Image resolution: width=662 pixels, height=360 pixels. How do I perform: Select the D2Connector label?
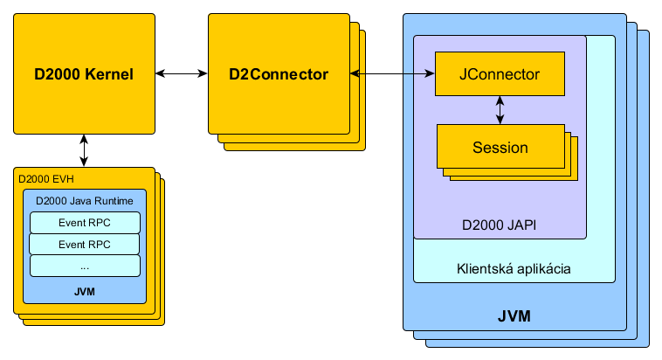[x=279, y=74]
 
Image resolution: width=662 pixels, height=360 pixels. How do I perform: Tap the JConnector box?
[x=500, y=74]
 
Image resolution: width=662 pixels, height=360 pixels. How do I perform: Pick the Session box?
[x=500, y=147]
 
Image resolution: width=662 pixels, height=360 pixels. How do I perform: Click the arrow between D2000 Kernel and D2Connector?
[x=182, y=75]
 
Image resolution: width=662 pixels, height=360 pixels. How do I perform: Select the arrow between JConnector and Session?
[x=500, y=110]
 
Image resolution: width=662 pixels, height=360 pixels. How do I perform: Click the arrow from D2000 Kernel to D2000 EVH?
[x=84, y=149]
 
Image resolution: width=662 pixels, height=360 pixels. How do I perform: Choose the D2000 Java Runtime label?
[x=85, y=200]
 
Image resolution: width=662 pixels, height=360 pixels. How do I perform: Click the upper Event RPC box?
[x=85, y=222]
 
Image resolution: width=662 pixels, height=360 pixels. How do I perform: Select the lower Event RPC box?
[x=85, y=244]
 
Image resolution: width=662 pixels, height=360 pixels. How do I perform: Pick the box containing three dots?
[x=85, y=266]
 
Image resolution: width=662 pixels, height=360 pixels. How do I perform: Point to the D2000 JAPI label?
[x=499, y=225]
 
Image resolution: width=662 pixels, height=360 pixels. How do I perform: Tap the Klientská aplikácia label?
[x=514, y=269]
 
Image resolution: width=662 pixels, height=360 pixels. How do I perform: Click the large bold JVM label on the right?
[x=514, y=314]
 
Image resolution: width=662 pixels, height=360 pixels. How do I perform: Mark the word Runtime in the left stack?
[x=113, y=200]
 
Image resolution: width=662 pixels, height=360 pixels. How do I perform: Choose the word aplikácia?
[x=543, y=269]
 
